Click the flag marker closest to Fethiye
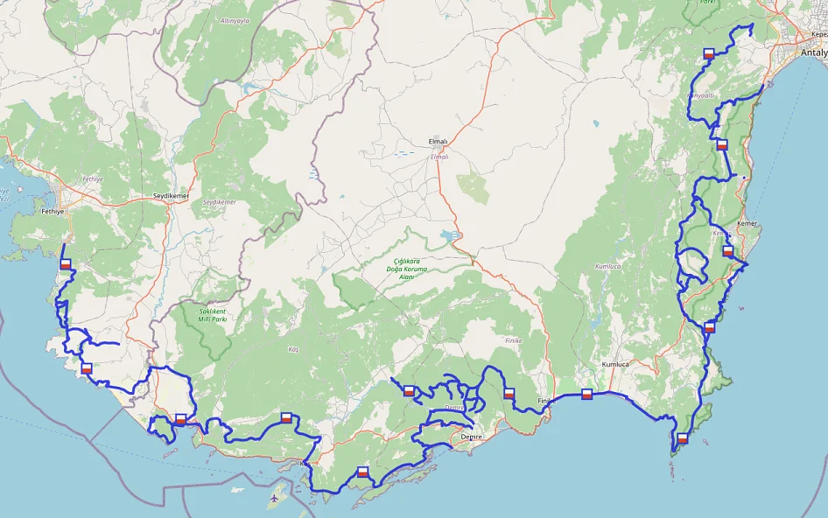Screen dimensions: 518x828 [x=65, y=263]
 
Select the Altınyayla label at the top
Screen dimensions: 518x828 [x=235, y=19]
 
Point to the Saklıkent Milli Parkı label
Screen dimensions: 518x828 [x=212, y=315]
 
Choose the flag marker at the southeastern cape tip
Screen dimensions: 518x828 [x=682, y=437]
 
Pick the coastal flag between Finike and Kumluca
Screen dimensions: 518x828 [x=586, y=394]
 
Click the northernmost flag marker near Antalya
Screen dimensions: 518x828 [x=710, y=53]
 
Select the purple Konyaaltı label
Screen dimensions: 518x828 [x=700, y=94]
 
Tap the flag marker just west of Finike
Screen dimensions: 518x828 [x=509, y=394]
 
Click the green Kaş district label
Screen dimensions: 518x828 [x=293, y=349]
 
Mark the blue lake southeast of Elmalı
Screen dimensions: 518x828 [x=449, y=235]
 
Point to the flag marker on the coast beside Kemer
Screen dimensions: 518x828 [x=727, y=251]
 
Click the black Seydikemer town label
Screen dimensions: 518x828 [x=171, y=195]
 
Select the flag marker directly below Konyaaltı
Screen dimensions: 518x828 [x=721, y=144]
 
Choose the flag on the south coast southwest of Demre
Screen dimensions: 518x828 [x=362, y=472]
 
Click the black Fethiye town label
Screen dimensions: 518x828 [x=54, y=211]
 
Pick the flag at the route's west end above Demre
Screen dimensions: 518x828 [x=408, y=391]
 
